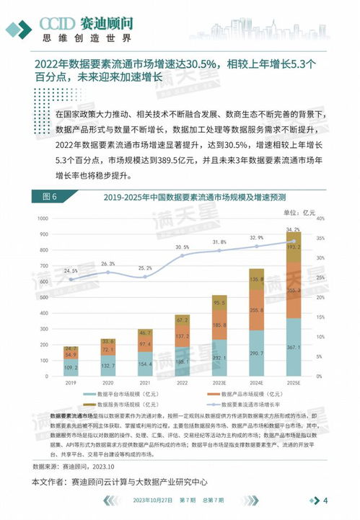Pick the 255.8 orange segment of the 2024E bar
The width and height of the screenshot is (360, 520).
click(x=257, y=309)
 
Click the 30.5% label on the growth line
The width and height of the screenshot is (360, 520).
click(x=183, y=247)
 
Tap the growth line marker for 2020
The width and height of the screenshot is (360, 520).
click(x=108, y=272)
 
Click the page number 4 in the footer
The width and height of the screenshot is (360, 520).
click(x=325, y=501)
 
